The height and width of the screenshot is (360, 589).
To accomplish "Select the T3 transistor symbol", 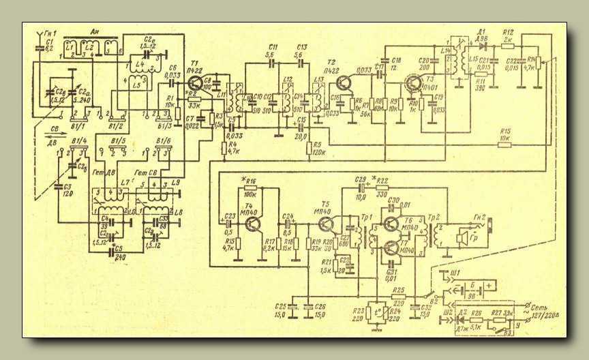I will (414, 84).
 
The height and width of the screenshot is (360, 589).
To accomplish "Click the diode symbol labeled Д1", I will (482, 40).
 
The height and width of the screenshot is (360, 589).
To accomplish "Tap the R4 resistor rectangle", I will (223, 146).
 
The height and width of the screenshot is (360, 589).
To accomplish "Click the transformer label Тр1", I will (369, 220).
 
